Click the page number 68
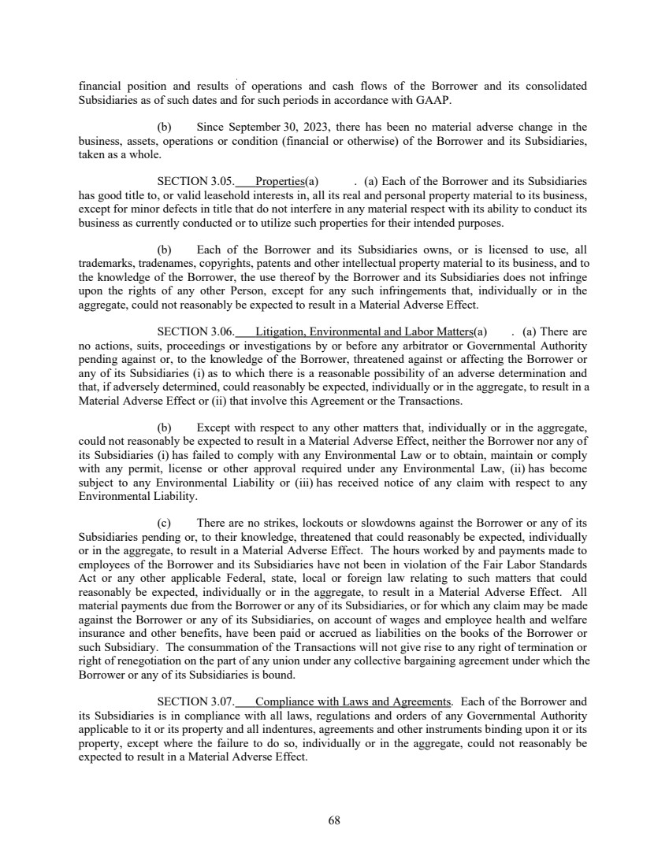tap(334, 820)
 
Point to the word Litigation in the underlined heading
tap(282, 332)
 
